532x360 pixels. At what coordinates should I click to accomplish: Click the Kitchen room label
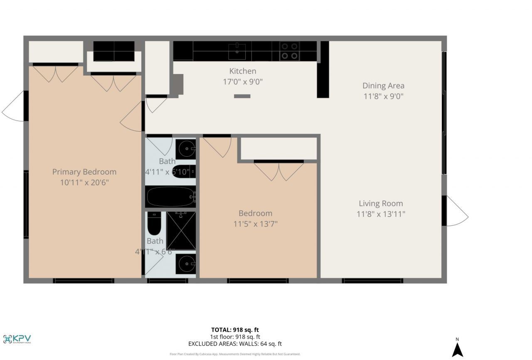pos(243,71)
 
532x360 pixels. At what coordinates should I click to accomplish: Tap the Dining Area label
pos(383,86)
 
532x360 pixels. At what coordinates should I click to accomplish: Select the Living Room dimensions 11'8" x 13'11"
pos(381,214)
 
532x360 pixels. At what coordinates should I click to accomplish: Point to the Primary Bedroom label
pos(84,172)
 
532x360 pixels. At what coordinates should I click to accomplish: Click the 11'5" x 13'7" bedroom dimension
pos(255,224)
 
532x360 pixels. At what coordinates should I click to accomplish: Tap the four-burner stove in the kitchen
pos(290,51)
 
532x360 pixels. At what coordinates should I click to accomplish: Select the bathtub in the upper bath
pos(170,196)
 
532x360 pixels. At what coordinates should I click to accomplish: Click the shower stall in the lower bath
pos(181,231)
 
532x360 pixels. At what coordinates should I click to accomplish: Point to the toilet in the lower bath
pos(153,225)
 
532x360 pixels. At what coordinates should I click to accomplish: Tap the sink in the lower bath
pos(185,264)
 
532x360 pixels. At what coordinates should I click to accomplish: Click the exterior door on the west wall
pos(14,106)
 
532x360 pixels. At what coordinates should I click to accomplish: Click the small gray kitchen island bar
pos(242,96)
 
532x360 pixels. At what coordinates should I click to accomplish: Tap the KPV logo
pos(17,339)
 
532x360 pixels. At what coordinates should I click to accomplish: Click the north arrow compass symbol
pos(457,348)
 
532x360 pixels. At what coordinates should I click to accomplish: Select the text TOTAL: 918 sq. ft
pos(235,330)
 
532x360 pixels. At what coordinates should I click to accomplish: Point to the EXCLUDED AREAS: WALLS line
pos(235,344)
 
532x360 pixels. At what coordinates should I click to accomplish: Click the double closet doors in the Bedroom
pos(279,171)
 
